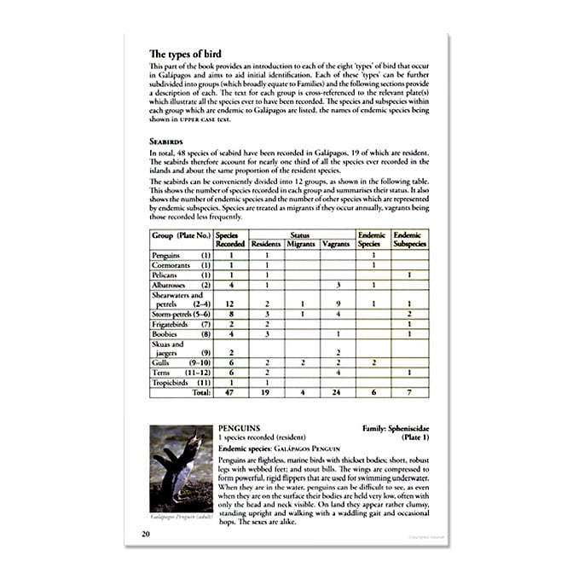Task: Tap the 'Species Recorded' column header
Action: click(230, 240)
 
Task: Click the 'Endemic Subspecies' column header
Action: click(410, 240)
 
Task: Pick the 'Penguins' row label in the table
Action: click(165, 255)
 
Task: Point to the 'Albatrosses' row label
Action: click(170, 286)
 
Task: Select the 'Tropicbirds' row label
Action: click(170, 382)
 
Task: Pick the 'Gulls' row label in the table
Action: click(163, 362)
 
